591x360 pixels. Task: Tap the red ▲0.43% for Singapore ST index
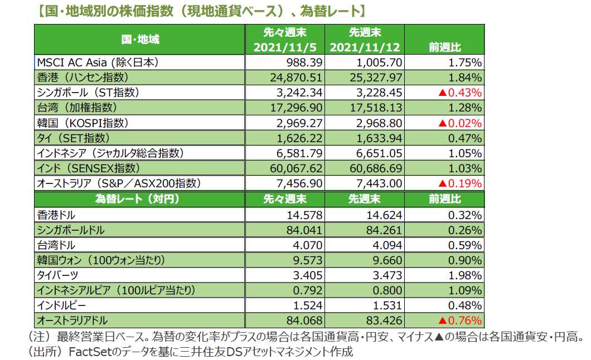(x=461, y=93)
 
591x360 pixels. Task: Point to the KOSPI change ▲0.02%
(x=461, y=123)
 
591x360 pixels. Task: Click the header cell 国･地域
(x=140, y=40)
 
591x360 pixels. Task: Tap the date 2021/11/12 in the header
(x=365, y=48)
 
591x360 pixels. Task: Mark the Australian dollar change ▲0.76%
(x=461, y=320)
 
